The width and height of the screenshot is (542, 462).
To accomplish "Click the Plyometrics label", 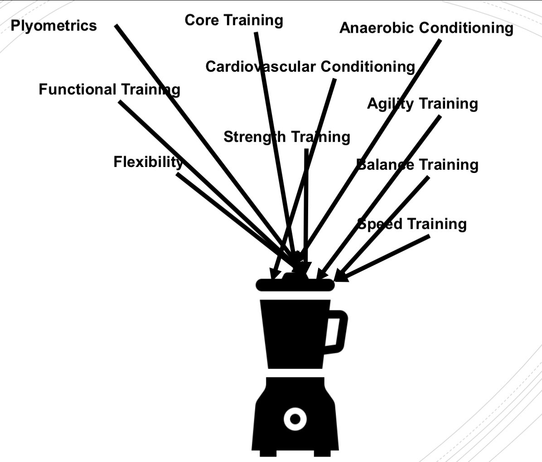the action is click(53, 25).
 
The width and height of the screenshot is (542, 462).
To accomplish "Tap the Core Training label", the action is click(234, 20).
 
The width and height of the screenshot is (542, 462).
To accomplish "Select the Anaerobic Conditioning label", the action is click(426, 28).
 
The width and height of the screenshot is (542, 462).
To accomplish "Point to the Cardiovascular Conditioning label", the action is click(310, 67).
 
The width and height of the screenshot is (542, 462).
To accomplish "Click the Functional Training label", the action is click(109, 89).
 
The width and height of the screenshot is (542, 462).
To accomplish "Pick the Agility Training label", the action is click(422, 104).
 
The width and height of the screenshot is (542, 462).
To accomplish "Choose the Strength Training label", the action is click(286, 137).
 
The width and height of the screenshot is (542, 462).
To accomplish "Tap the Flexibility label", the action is click(148, 162).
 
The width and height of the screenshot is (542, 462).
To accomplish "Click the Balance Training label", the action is click(417, 165).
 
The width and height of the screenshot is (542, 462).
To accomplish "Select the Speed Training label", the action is click(412, 224).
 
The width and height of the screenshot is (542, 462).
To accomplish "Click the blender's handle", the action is click(338, 331).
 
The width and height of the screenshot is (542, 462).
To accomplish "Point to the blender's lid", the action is click(295, 285).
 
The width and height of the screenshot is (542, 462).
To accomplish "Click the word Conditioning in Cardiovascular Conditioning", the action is click(368, 67).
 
